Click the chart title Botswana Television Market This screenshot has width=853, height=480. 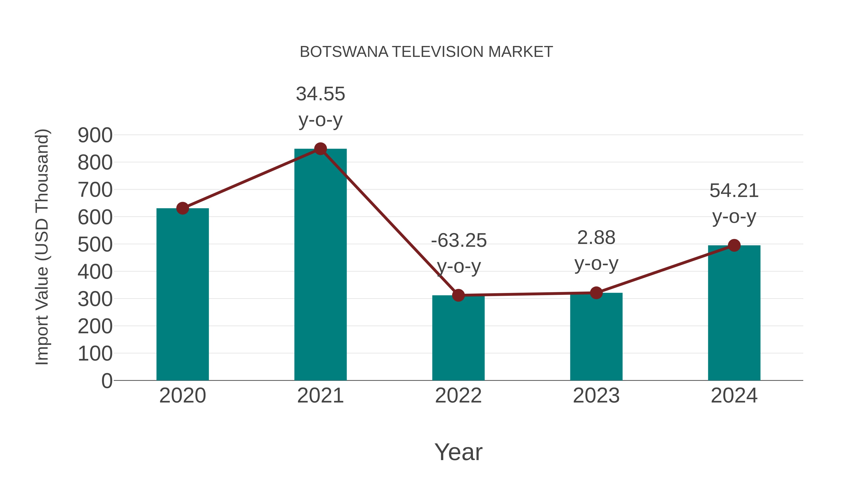426,52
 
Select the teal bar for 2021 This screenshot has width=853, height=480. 320,265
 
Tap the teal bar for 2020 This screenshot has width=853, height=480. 182,295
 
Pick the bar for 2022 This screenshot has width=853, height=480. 458,338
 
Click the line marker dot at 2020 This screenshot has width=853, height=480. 182,208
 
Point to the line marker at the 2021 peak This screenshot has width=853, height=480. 320,149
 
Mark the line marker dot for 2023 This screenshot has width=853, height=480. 596,293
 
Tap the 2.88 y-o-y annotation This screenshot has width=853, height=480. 596,251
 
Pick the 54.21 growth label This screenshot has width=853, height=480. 734,203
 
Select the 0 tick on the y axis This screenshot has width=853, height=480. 107,381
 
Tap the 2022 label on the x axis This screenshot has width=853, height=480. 458,396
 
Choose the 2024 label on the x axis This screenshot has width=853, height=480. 734,396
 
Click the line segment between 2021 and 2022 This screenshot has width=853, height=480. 389,222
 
